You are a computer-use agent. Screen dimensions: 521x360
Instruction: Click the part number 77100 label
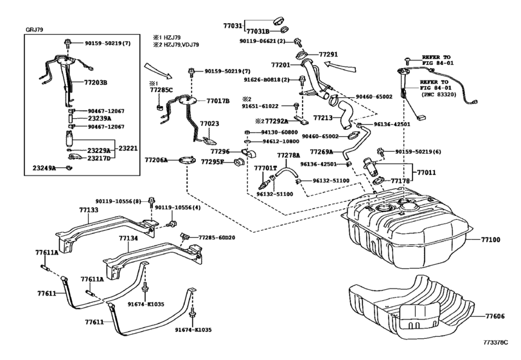[490, 240]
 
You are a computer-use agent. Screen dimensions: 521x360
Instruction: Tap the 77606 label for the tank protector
[495, 316]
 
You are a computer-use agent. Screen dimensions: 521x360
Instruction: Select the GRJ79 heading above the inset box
[34, 30]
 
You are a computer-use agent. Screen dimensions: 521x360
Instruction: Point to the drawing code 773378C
[495, 342]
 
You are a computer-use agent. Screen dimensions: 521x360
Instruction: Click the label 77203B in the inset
[95, 82]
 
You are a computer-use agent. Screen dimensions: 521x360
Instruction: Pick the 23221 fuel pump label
[128, 148]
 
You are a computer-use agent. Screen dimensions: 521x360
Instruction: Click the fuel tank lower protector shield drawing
[412, 307]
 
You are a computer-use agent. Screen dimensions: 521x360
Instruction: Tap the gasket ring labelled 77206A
[186, 161]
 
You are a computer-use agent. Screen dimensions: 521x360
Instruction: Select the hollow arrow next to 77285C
[159, 71]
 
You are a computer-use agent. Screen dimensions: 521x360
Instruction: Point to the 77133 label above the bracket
[89, 210]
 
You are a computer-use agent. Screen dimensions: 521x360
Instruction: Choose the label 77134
[128, 239]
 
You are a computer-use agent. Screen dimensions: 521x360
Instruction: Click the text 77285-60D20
[216, 238]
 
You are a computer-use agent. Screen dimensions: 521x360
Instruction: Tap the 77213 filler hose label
[322, 118]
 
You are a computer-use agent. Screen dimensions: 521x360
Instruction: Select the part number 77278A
[288, 155]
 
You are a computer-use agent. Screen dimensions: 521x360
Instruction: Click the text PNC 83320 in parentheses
[439, 94]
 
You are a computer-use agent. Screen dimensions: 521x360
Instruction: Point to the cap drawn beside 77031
[279, 20]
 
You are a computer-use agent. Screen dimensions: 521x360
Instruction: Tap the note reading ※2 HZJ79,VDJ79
[176, 44]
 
